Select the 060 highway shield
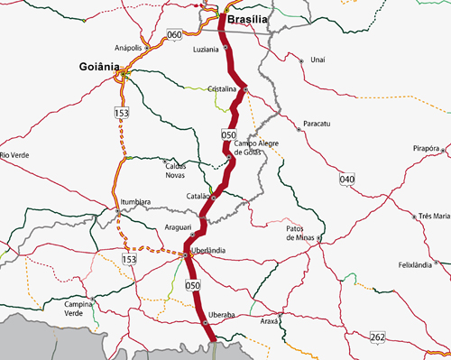174,35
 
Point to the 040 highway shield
347,180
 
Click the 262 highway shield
377,337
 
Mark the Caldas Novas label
180,171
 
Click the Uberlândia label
208,250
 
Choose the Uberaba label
221,314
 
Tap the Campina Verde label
79,309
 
